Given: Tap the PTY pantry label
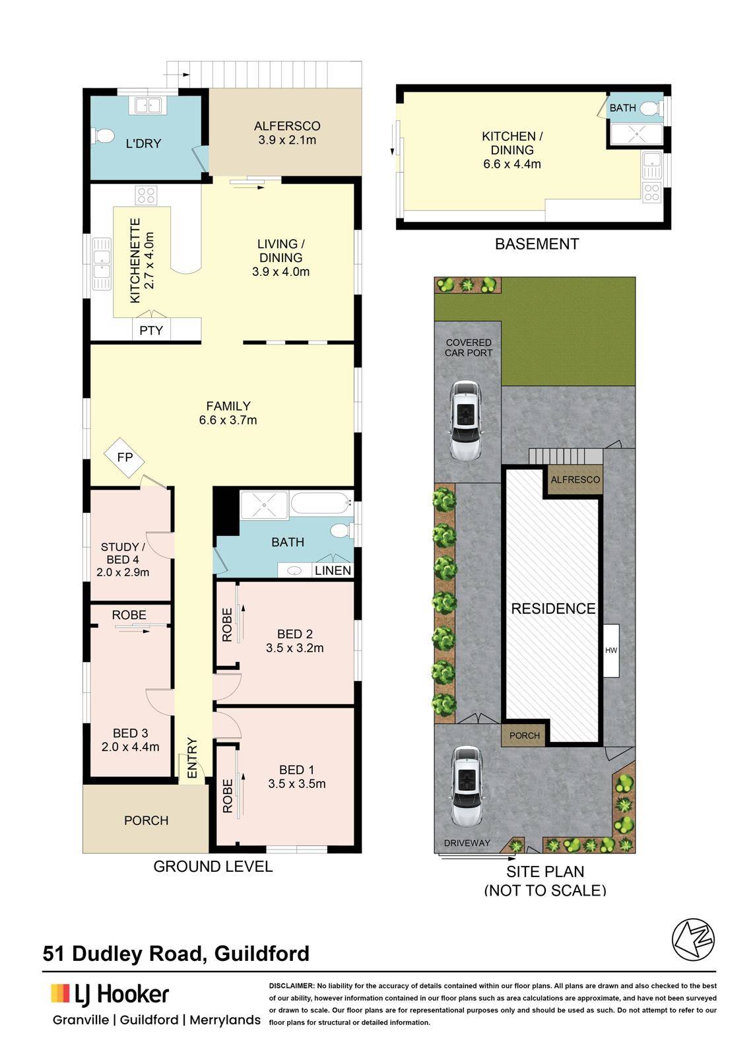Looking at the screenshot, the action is (151, 331).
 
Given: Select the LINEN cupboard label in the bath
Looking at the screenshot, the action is (333, 570).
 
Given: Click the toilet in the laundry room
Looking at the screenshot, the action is (103, 137).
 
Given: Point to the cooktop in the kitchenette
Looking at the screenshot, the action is (146, 195).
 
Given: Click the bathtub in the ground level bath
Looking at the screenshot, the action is (321, 504).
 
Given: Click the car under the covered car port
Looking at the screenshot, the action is (467, 420).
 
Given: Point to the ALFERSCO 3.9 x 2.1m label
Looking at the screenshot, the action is (287, 133).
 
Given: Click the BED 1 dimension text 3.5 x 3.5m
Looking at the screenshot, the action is (296, 783).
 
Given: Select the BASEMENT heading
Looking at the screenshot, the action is (537, 244).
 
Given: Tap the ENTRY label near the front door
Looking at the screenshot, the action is (192, 758).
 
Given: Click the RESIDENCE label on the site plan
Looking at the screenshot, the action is (553, 609).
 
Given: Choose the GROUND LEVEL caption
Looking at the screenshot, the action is (213, 866).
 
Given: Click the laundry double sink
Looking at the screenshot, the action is (148, 105).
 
